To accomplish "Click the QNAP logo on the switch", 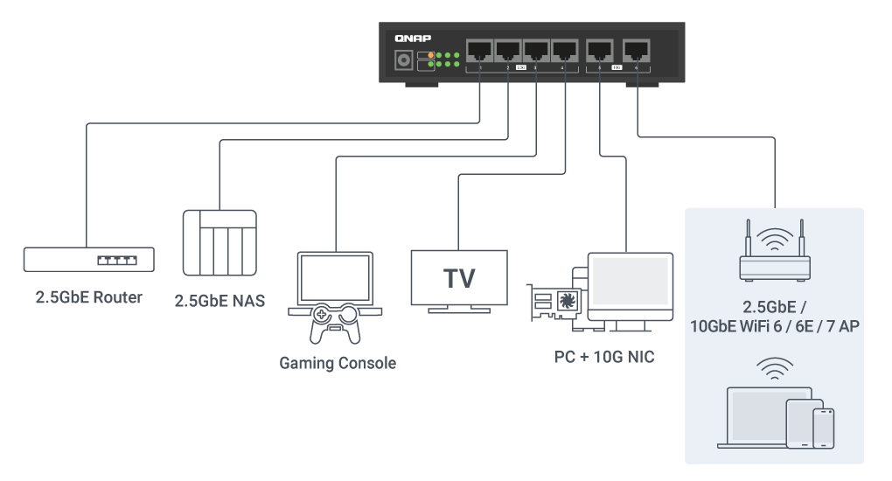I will click(413, 38).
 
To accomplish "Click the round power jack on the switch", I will click(405, 60).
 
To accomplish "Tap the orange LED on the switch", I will click(430, 56).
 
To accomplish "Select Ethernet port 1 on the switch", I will click(479, 50).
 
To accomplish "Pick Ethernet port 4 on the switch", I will click(565, 50).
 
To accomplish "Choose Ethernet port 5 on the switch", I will click(600, 50).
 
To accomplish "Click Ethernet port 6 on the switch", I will click(636, 50).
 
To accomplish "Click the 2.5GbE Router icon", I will click(88, 260).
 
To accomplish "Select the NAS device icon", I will click(220, 243).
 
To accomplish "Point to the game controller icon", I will click(336, 325).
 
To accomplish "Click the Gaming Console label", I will click(338, 362).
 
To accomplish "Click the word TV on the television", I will click(459, 278).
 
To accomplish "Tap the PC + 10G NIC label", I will click(604, 357).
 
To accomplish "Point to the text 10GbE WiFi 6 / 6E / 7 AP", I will click(775, 326).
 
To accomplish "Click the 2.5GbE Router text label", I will click(88, 297).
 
